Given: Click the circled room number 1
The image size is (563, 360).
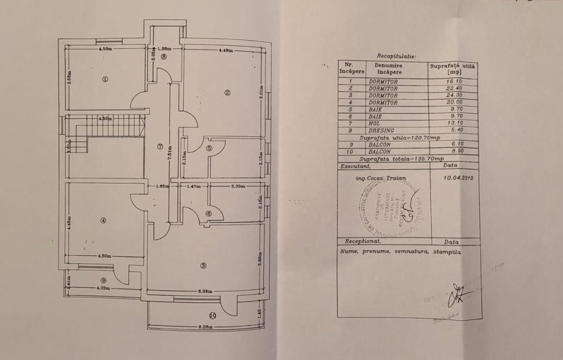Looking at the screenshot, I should tap(105, 79).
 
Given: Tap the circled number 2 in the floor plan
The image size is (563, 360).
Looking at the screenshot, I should tap(227, 92).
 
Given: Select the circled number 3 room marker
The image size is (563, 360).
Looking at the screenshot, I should tap(203, 266).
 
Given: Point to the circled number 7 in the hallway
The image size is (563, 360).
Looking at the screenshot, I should tap(159, 147).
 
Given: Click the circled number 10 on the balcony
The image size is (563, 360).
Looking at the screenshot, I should tap(213, 315).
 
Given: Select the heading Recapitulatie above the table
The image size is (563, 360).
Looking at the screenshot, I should tap(396, 56).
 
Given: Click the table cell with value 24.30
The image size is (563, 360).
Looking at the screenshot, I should tap(454, 95).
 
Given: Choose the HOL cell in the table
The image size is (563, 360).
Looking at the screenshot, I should tap(383, 124).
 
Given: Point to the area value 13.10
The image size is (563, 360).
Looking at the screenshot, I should tap(454, 124).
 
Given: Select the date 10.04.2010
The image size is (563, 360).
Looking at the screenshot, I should tap(457, 178).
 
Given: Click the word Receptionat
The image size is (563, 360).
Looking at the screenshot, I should tap(363, 241).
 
